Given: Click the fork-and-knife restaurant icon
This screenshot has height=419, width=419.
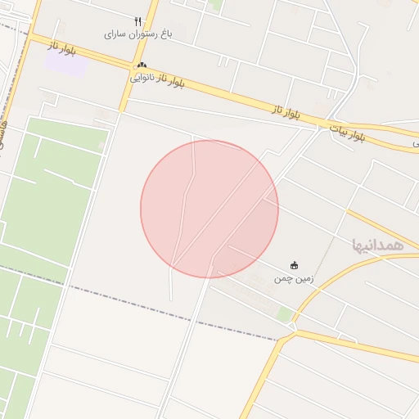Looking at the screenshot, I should pyautogui.click(x=137, y=22).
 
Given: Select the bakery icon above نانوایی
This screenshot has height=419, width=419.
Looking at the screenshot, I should pyautogui.click(x=142, y=65).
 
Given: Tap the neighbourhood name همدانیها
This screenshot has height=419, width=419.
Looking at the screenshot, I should pyautogui.click(x=377, y=245).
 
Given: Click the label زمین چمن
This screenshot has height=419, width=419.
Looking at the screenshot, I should pyautogui.click(x=294, y=279).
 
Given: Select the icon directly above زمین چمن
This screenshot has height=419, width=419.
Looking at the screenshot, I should pyautogui.click(x=294, y=265).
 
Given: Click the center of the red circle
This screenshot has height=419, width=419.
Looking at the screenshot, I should pyautogui.click(x=209, y=209).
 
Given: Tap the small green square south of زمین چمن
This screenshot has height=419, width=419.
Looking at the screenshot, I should pyautogui.click(x=284, y=314).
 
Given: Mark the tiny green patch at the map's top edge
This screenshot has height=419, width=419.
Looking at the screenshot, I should pyautogui.click(x=215, y=4).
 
